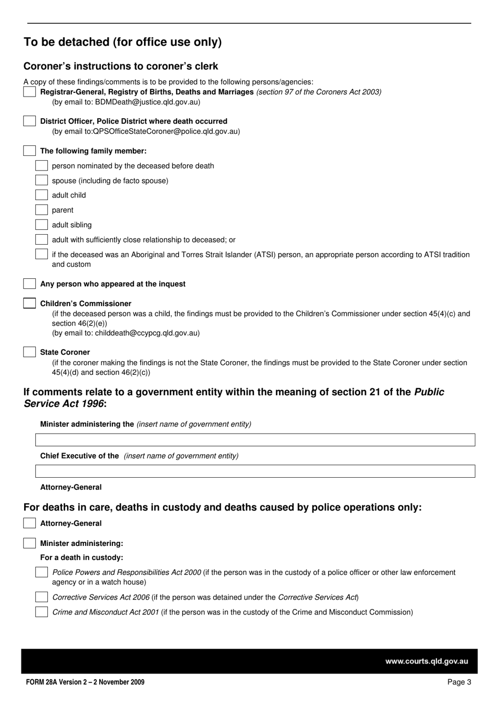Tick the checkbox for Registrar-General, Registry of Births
point(29,92)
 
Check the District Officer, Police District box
point(29,121)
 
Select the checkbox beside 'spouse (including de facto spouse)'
point(41,181)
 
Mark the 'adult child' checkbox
point(41,195)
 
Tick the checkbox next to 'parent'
point(41,210)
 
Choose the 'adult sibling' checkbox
point(41,225)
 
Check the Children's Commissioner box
point(29,303)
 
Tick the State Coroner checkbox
point(29,352)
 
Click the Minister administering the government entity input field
point(255,440)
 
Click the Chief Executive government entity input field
point(255,471)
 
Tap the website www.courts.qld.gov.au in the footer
point(427,661)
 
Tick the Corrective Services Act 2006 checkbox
point(41,597)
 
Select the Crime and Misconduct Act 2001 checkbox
point(41,612)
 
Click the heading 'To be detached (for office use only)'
point(122,42)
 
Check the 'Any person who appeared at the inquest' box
point(29,284)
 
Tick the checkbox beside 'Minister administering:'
point(29,543)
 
